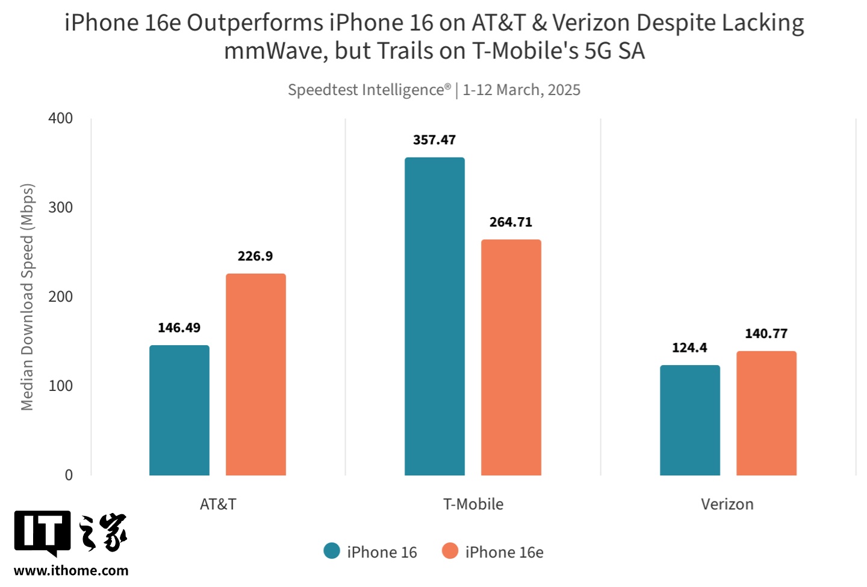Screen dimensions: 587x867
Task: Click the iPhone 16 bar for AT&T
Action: click(179, 410)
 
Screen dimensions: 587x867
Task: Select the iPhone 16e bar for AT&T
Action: click(255, 374)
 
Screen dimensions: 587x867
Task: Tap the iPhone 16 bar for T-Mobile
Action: click(434, 316)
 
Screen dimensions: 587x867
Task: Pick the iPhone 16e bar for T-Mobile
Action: click(511, 357)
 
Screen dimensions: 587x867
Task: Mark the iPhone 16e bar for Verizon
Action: click(766, 413)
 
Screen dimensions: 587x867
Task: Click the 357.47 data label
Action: click(434, 140)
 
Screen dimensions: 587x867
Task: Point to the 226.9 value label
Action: click(255, 256)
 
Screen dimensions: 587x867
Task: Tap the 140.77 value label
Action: click(766, 334)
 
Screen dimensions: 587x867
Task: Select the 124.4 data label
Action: click(689, 348)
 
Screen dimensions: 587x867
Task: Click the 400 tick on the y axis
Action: click(60, 118)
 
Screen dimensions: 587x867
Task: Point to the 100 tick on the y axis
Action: click(60, 386)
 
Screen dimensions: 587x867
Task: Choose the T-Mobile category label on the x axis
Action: click(473, 504)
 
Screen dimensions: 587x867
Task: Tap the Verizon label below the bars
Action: click(727, 504)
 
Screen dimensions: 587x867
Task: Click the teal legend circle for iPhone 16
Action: click(332, 551)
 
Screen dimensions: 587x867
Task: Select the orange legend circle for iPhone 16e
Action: click(450, 551)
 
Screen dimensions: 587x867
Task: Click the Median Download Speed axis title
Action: click(27, 297)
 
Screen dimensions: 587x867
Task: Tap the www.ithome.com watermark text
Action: click(71, 571)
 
